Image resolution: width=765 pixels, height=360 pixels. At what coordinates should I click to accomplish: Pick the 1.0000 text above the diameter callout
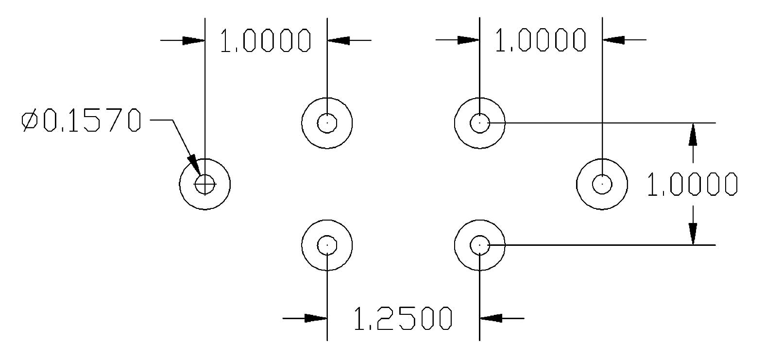pos(265,40)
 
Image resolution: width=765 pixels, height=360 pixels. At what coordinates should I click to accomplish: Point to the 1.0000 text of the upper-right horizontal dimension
pos(540,40)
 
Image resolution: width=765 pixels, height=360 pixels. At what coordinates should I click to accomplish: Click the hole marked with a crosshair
pos(205,184)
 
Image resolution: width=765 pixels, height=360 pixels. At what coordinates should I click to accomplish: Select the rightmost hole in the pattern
pos(602,184)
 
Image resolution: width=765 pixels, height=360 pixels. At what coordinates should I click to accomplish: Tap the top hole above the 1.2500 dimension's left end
pos(327,123)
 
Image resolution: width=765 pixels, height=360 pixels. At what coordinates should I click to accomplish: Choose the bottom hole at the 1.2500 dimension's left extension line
pos(327,245)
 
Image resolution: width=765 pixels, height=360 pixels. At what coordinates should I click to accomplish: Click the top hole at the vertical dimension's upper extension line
pos(479,123)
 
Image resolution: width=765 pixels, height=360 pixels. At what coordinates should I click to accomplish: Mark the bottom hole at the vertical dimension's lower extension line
pos(479,245)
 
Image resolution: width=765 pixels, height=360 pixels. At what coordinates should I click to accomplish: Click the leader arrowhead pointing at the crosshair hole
pos(194,165)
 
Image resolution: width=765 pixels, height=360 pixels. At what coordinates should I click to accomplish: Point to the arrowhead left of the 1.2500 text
pos(316,319)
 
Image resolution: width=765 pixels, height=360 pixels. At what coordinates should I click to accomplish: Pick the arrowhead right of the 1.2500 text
pos(491,319)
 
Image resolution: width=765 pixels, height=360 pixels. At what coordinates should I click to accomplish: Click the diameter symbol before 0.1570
pos(30,121)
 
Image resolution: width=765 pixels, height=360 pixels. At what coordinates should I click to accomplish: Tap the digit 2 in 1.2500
pos(383,319)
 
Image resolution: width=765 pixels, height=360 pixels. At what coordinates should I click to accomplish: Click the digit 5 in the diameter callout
pos(92,121)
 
